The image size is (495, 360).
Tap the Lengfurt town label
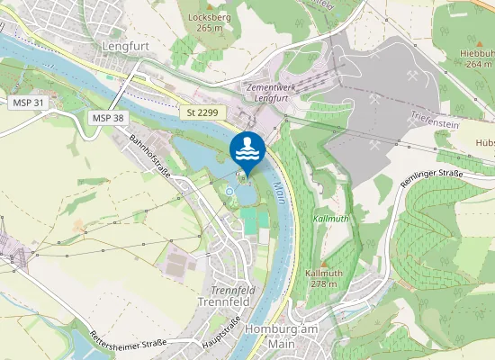click(124, 45)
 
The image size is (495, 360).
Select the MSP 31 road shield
click(28, 103)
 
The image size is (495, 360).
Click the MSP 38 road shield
click(108, 118)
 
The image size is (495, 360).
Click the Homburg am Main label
click(283, 335)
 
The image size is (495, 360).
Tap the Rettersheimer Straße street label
click(129, 342)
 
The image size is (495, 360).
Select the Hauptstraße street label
click(224, 332)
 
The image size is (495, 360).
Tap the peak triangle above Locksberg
click(210, 6)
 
